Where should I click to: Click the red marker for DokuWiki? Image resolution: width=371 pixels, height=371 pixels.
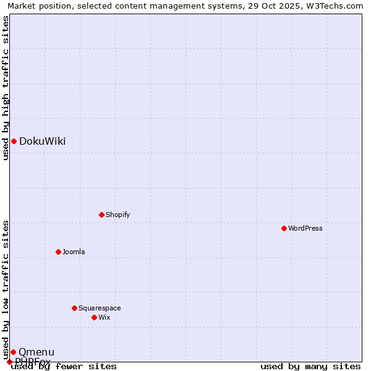[14, 141]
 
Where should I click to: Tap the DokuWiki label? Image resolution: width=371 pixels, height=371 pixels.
[42, 141]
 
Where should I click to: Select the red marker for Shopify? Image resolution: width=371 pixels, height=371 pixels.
[101, 215]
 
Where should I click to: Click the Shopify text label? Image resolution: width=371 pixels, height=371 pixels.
[117, 215]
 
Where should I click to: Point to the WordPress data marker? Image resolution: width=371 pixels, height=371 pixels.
[284, 228]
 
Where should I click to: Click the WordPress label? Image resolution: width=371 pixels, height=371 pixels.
[305, 228]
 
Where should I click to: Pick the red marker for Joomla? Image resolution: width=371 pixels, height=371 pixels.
[58, 252]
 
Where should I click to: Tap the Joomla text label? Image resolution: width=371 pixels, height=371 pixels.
[74, 252]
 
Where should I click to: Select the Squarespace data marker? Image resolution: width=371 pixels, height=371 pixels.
[74, 308]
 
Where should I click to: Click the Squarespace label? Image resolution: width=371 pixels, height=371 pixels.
[100, 308]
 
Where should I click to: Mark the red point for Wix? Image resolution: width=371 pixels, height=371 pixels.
[94, 317]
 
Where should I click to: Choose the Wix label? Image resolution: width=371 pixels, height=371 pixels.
[104, 317]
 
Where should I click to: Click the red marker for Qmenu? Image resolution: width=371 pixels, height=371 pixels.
[13, 352]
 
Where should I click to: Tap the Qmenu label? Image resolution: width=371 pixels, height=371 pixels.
[36, 352]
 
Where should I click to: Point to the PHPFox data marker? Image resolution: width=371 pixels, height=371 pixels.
[9, 362]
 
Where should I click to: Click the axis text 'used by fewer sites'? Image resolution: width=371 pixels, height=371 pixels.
[64, 367]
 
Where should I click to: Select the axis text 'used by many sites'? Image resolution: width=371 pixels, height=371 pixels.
[310, 367]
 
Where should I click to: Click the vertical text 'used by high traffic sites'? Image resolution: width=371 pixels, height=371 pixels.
[6, 88]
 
